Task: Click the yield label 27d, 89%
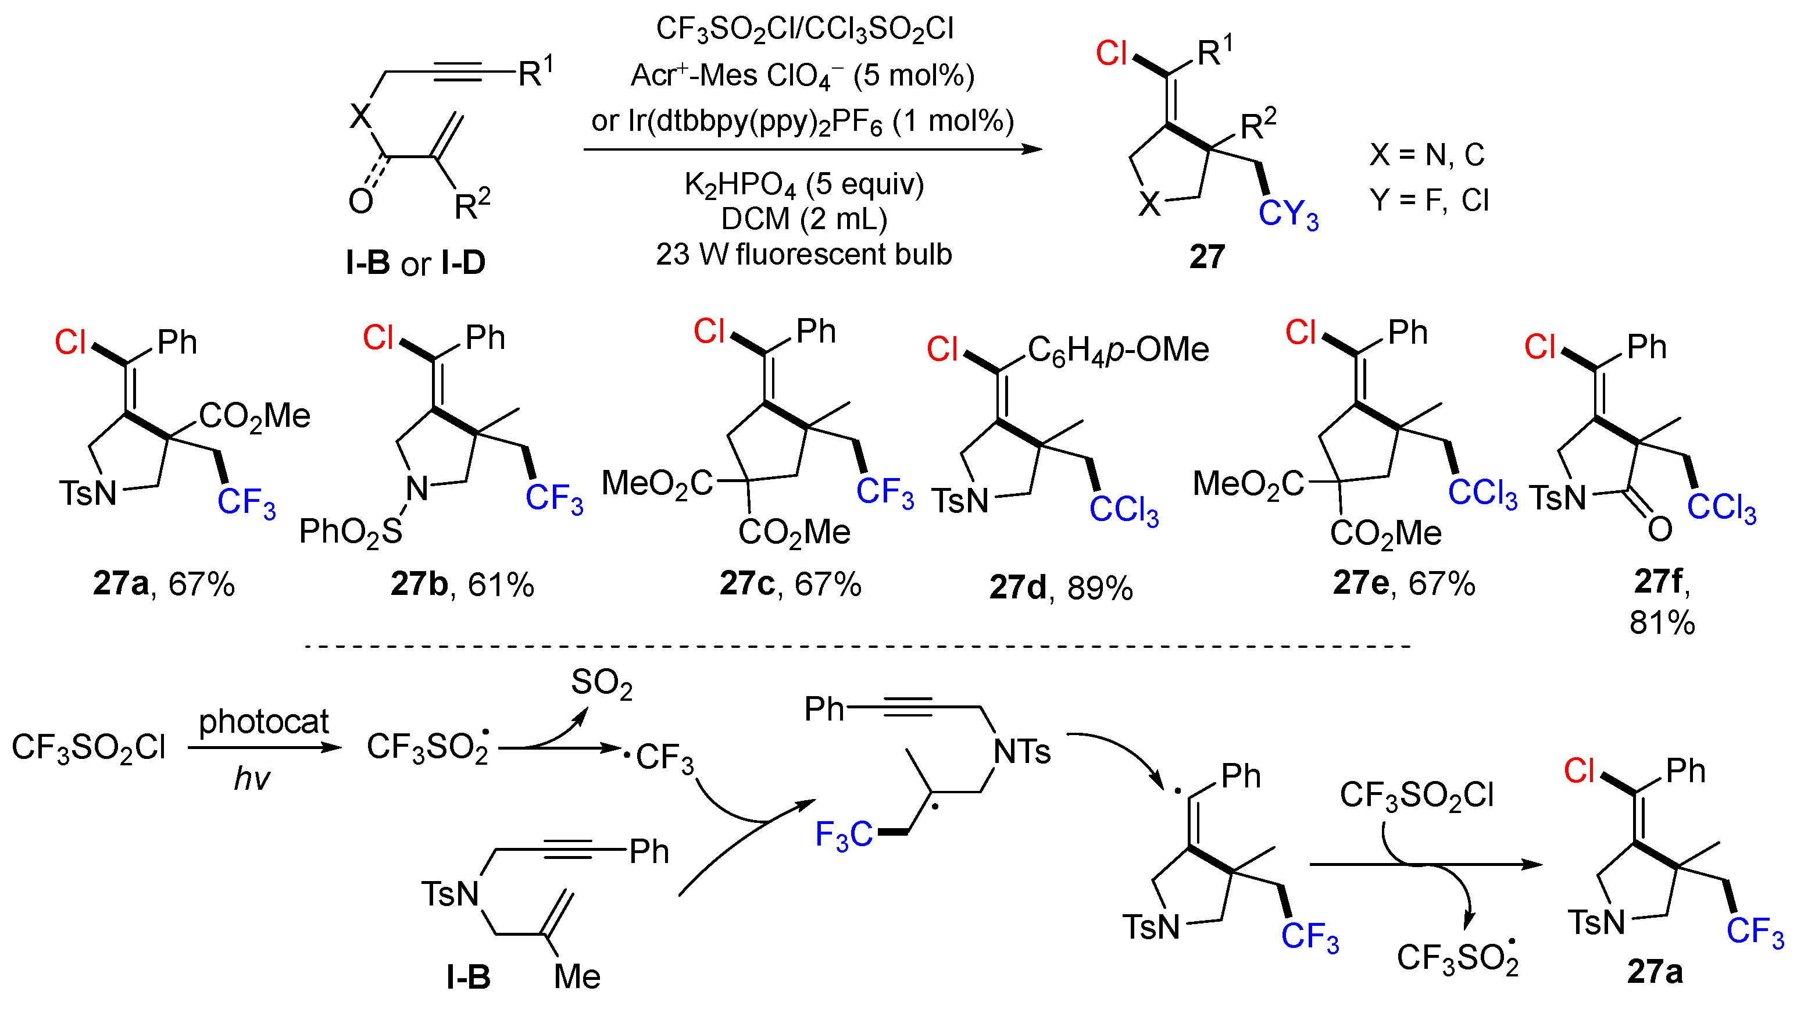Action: [x=1060, y=588]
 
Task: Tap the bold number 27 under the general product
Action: [x=1207, y=257]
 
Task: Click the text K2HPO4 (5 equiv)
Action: [x=803, y=185]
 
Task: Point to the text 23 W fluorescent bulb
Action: [x=803, y=254]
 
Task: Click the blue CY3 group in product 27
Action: [x=1288, y=214]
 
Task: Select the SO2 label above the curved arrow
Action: [x=601, y=683]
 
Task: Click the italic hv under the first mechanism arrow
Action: [x=251, y=778]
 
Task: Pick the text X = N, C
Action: [x=1427, y=154]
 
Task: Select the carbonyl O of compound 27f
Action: [x=1660, y=529]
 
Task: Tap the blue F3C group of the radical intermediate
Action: [x=844, y=835]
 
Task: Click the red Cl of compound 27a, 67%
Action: [x=70, y=342]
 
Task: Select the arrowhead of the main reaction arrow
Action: [x=1033, y=149]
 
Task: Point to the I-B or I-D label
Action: [x=416, y=263]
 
